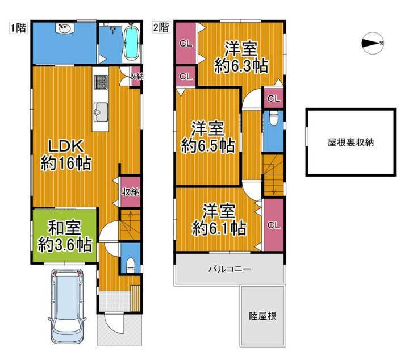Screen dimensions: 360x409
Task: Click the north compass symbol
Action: [x=373, y=43]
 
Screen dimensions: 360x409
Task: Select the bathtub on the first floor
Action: [x=131, y=42]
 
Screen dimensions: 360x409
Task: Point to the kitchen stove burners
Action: [x=101, y=82]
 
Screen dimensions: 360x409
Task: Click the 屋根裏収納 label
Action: [x=350, y=143]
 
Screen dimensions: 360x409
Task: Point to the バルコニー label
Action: [x=229, y=269]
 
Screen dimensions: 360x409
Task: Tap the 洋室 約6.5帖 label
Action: [x=208, y=136]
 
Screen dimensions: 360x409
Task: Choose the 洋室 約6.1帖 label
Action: [x=219, y=220]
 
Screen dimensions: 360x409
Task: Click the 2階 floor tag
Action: [x=161, y=27]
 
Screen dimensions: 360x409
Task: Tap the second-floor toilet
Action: [x=273, y=120]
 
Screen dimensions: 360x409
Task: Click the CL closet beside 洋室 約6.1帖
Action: [x=273, y=225]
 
